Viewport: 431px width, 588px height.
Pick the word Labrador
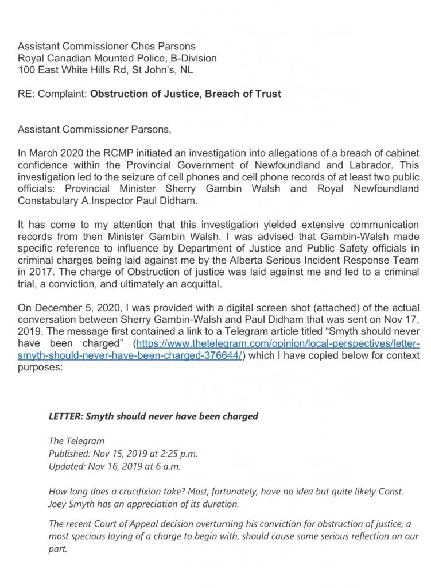click(371, 165)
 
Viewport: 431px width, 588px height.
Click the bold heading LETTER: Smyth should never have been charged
click(153, 416)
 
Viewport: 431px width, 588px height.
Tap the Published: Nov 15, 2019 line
click(123, 453)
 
